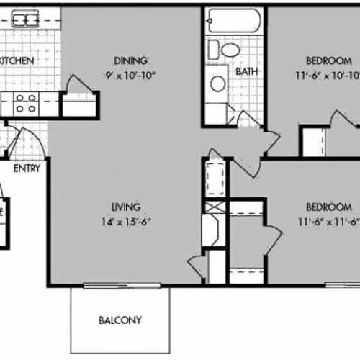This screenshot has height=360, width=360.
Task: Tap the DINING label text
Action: (131, 60)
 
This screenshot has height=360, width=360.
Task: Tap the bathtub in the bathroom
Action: (233, 21)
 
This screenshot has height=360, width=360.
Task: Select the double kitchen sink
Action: (24, 19)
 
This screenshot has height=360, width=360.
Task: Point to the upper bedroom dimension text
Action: (325, 74)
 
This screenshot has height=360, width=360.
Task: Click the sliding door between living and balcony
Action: (120, 287)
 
